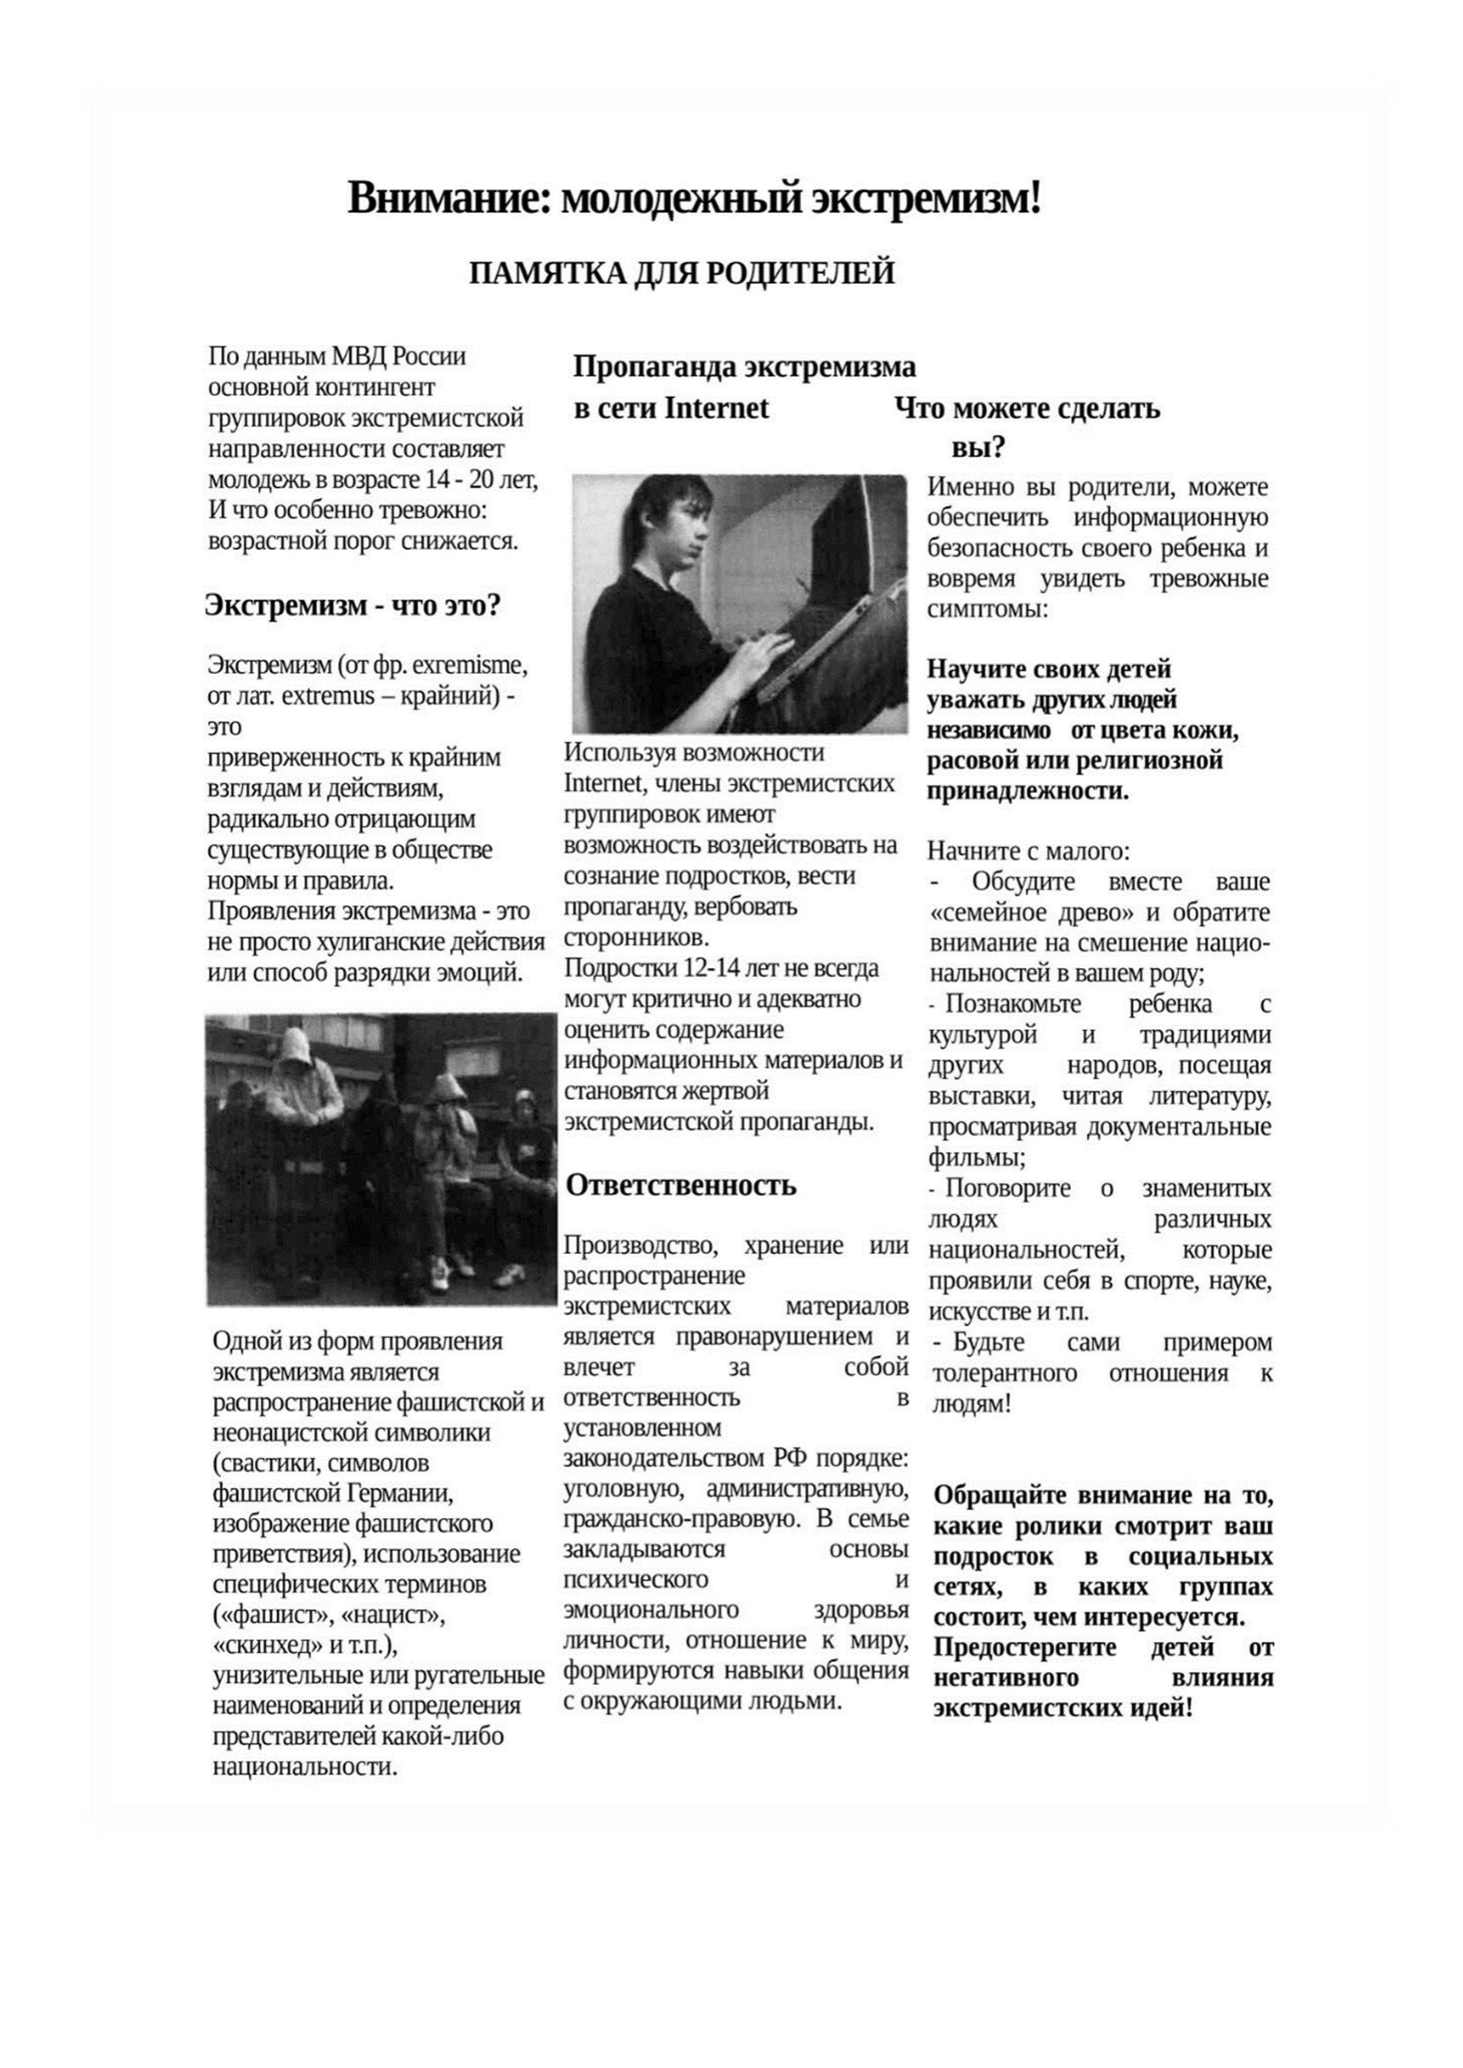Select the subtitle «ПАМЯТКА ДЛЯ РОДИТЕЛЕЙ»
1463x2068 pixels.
coord(682,273)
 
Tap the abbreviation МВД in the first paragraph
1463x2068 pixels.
coord(358,356)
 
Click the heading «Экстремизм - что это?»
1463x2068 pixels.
coord(352,606)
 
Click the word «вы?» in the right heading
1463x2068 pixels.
coord(978,447)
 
